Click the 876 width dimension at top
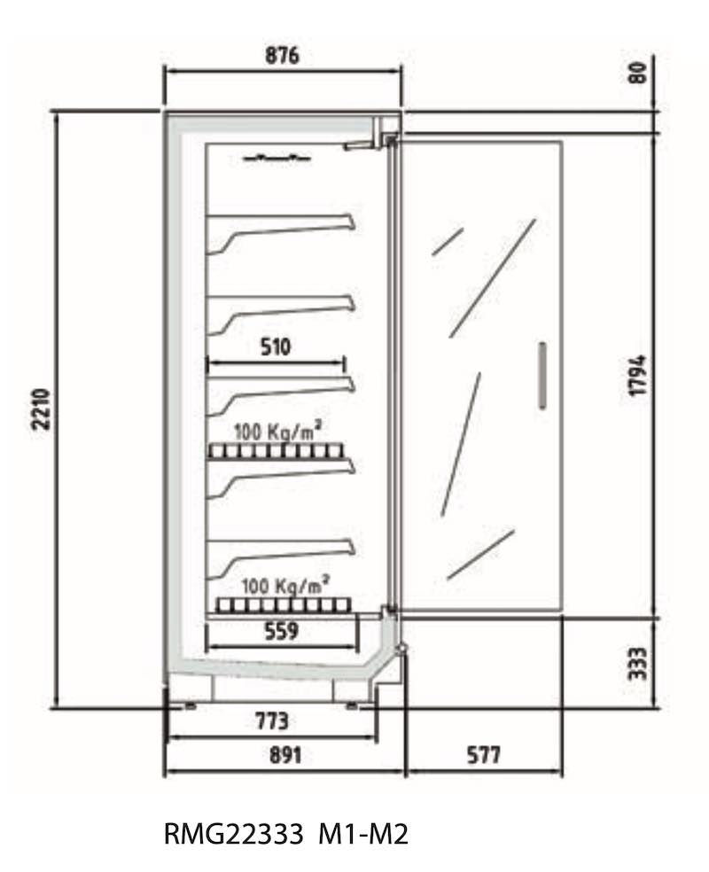pos(282,56)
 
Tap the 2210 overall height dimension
pos(43,409)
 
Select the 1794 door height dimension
pos(638,376)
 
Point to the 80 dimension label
pos(638,73)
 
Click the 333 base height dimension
pos(638,664)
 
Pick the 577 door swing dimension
pos(483,755)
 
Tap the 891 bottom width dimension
pos(285,755)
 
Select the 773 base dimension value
pos(272,721)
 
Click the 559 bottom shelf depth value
pos(281,631)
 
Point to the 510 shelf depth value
pos(276,347)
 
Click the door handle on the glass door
pos(542,376)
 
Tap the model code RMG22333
pos(234,834)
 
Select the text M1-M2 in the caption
pos(363,834)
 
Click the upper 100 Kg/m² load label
pos(277,431)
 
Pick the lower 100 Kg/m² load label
pos(285,585)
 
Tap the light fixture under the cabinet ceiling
pos(277,158)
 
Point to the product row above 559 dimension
pos(284,605)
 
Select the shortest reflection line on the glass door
pos(448,242)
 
